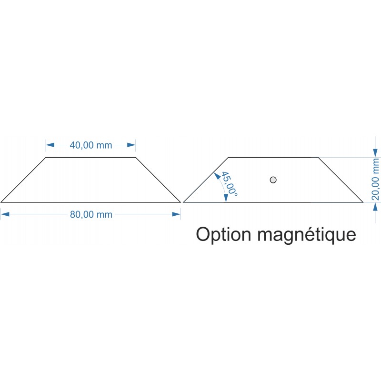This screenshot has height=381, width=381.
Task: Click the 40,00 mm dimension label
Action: coord(91,145)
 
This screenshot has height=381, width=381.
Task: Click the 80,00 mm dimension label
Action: coord(91,215)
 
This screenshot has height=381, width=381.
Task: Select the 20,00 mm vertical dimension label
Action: coord(375,179)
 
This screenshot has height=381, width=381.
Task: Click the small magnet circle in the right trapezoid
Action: coord(273,180)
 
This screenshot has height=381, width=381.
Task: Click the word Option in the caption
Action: coord(223,235)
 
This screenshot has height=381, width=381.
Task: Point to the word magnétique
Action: coord(307,235)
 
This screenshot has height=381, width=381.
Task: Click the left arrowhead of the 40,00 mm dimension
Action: coord(50,145)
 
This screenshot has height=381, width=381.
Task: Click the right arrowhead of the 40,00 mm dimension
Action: coord(131,145)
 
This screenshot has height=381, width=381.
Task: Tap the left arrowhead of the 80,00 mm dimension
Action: coord(5,214)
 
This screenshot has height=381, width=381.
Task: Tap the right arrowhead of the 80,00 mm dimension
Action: coord(176,214)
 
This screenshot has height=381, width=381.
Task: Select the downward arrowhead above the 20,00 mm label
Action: coord(376,153)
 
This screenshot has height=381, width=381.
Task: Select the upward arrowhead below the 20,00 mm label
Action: coord(376,207)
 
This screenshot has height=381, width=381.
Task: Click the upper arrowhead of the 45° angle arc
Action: coord(217,175)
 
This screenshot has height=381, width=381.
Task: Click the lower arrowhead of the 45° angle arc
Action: coord(226,198)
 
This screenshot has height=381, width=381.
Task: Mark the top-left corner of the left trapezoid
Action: coord(46,158)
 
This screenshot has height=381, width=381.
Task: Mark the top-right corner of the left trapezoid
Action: coord(136,158)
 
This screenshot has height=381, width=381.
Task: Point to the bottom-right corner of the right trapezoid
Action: coord(363,202)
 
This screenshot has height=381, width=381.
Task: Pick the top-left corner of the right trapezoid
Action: coord(229,158)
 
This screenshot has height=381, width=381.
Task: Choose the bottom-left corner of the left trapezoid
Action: coord(1,202)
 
